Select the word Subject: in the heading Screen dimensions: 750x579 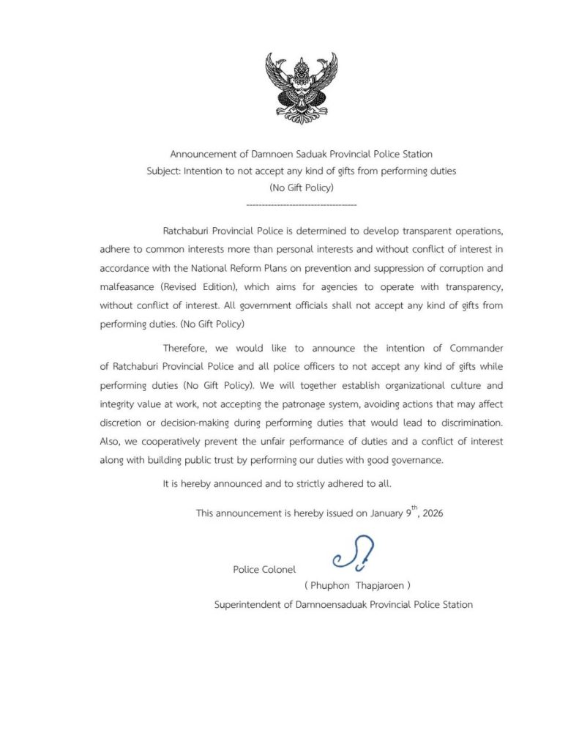pyautogui.click(x=164, y=171)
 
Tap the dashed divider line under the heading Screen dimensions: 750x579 pyautogui.click(x=302, y=204)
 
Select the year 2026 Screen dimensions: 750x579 pyautogui.click(x=430, y=514)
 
